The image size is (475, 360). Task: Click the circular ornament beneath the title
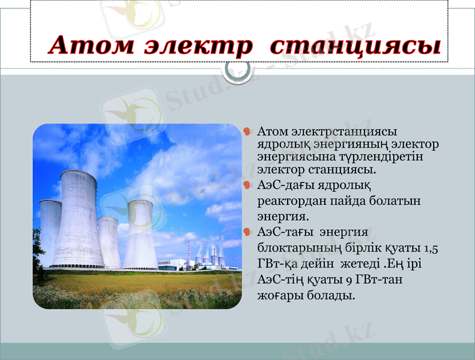point(237,72)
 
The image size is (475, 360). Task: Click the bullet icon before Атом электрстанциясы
point(247,131)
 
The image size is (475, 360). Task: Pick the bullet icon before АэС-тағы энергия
point(247,231)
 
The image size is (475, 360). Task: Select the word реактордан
point(287,201)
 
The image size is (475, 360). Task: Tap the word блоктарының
point(291,248)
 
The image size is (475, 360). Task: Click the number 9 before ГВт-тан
point(349,280)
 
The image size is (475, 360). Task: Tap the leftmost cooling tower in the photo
point(50,231)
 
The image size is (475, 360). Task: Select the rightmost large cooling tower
point(141,234)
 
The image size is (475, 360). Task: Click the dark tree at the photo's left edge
point(37,255)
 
